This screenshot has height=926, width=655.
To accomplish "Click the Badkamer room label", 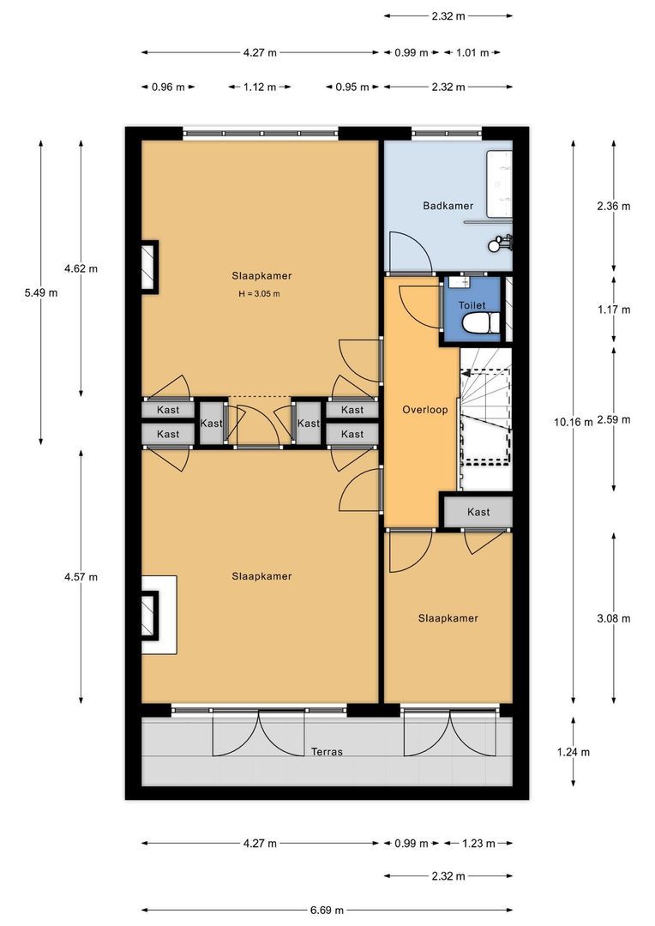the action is click(x=448, y=206).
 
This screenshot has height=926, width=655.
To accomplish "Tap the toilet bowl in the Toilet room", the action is click(x=480, y=323).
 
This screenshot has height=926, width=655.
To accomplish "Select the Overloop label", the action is click(x=424, y=409).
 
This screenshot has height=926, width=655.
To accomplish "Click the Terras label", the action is click(x=327, y=751).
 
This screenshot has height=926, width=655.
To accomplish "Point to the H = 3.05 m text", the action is click(x=259, y=293).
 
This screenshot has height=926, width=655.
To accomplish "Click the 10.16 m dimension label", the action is click(x=573, y=422).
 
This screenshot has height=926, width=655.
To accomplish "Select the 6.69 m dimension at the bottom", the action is click(x=327, y=910).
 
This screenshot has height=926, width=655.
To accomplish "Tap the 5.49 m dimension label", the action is click(x=41, y=292).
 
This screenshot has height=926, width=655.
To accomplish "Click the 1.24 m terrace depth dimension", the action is click(x=573, y=752).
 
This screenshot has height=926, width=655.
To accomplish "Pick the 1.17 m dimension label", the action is click(x=614, y=310).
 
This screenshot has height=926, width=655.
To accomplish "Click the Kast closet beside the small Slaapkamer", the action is click(x=478, y=512).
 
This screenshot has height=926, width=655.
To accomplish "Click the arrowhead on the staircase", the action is click(x=466, y=373).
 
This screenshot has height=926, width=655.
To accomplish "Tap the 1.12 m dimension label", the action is click(x=260, y=87).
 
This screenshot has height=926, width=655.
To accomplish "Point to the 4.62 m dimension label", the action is click(x=81, y=268).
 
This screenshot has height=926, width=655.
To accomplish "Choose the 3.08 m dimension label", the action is click(x=614, y=618).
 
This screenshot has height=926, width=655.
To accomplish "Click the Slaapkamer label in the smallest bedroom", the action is click(x=448, y=617).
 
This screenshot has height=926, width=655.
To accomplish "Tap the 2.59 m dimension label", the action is click(x=614, y=420).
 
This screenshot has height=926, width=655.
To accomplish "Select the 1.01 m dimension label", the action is click(x=472, y=52).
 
